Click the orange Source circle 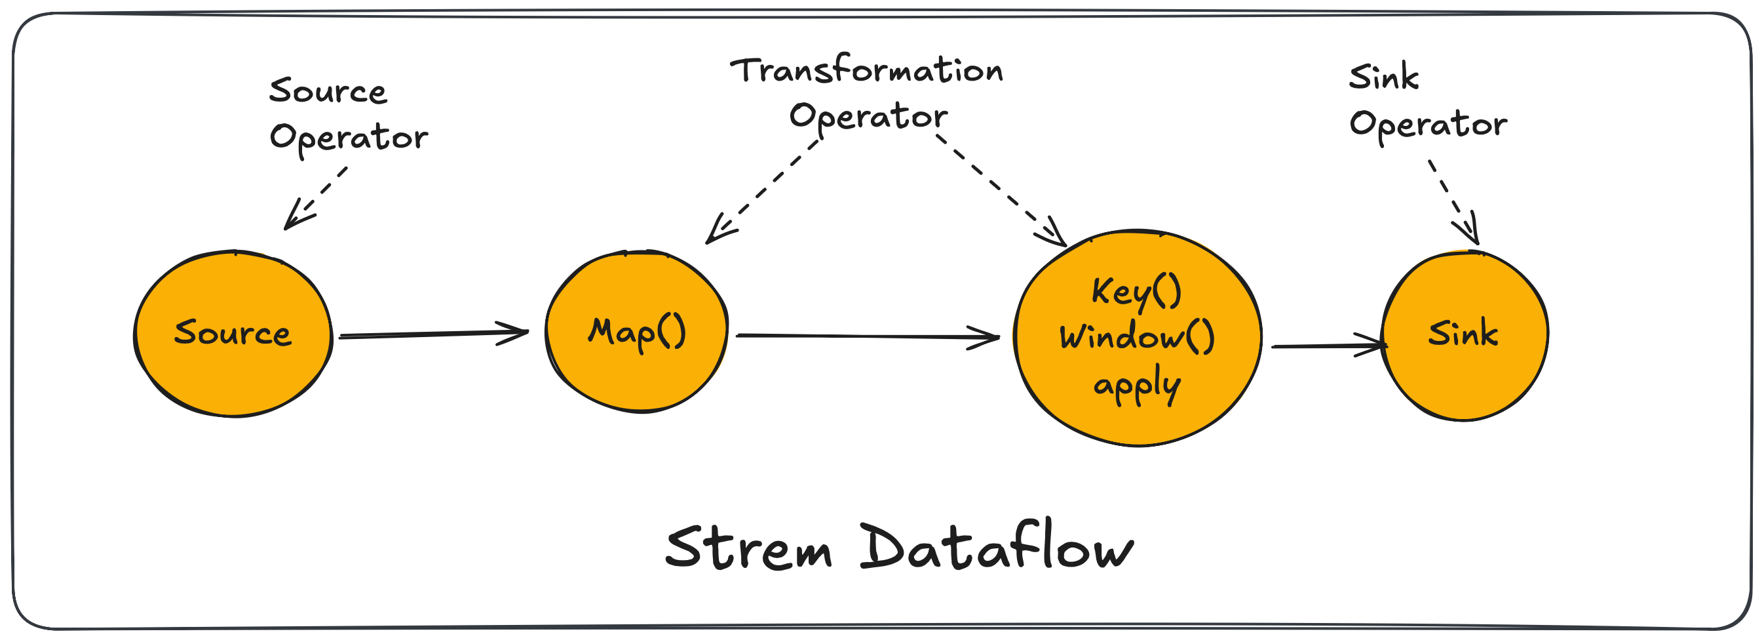(233, 334)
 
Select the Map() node (637, 332)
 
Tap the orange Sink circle (1465, 335)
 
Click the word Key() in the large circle (1137, 292)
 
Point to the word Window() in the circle (1137, 337)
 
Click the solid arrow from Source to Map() (434, 334)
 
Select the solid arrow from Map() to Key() (868, 336)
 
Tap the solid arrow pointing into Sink (1329, 346)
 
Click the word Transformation (867, 70)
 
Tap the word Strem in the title (748, 548)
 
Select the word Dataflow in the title (997, 544)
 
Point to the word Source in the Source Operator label (328, 91)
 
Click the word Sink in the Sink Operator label (1384, 77)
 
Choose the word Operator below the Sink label (1428, 126)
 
